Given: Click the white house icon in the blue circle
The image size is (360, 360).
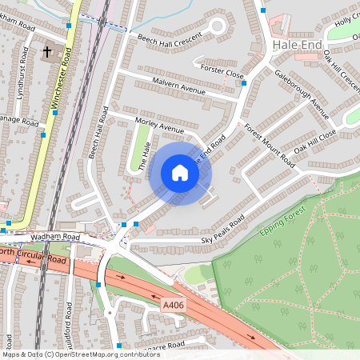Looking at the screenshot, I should (x=180, y=173).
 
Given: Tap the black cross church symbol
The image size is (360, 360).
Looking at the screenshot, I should (x=47, y=53).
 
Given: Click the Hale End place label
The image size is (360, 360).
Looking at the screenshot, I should (x=297, y=45).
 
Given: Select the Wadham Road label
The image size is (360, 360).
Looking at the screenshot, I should (x=52, y=238).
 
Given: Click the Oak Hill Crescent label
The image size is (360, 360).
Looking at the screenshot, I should (x=341, y=70).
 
